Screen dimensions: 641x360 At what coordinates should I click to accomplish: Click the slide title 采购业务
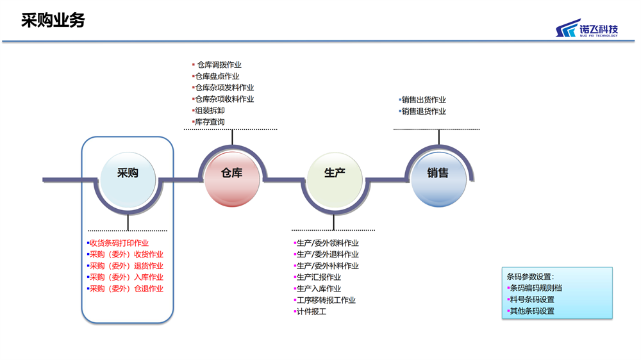pos(53,20)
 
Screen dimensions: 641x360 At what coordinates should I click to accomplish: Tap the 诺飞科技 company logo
pos(587,28)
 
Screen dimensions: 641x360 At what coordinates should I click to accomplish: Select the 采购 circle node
pos(128,179)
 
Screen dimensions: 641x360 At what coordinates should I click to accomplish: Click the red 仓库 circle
pos(232,179)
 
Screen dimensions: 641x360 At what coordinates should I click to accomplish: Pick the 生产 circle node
pos(335,180)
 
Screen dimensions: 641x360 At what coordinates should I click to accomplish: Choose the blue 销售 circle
pos(438,179)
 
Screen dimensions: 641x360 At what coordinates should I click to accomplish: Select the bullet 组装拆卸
pos(208,110)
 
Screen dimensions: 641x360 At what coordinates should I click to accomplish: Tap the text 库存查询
pos(210,122)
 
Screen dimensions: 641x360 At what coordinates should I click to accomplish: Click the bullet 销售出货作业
pos(422,100)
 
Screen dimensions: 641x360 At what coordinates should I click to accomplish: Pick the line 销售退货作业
pos(422,111)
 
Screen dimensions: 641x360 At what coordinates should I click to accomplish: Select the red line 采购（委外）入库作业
pos(125,277)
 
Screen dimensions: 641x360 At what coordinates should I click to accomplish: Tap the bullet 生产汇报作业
pos(317,277)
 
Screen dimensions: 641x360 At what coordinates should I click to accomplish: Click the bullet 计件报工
pos(310,311)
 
